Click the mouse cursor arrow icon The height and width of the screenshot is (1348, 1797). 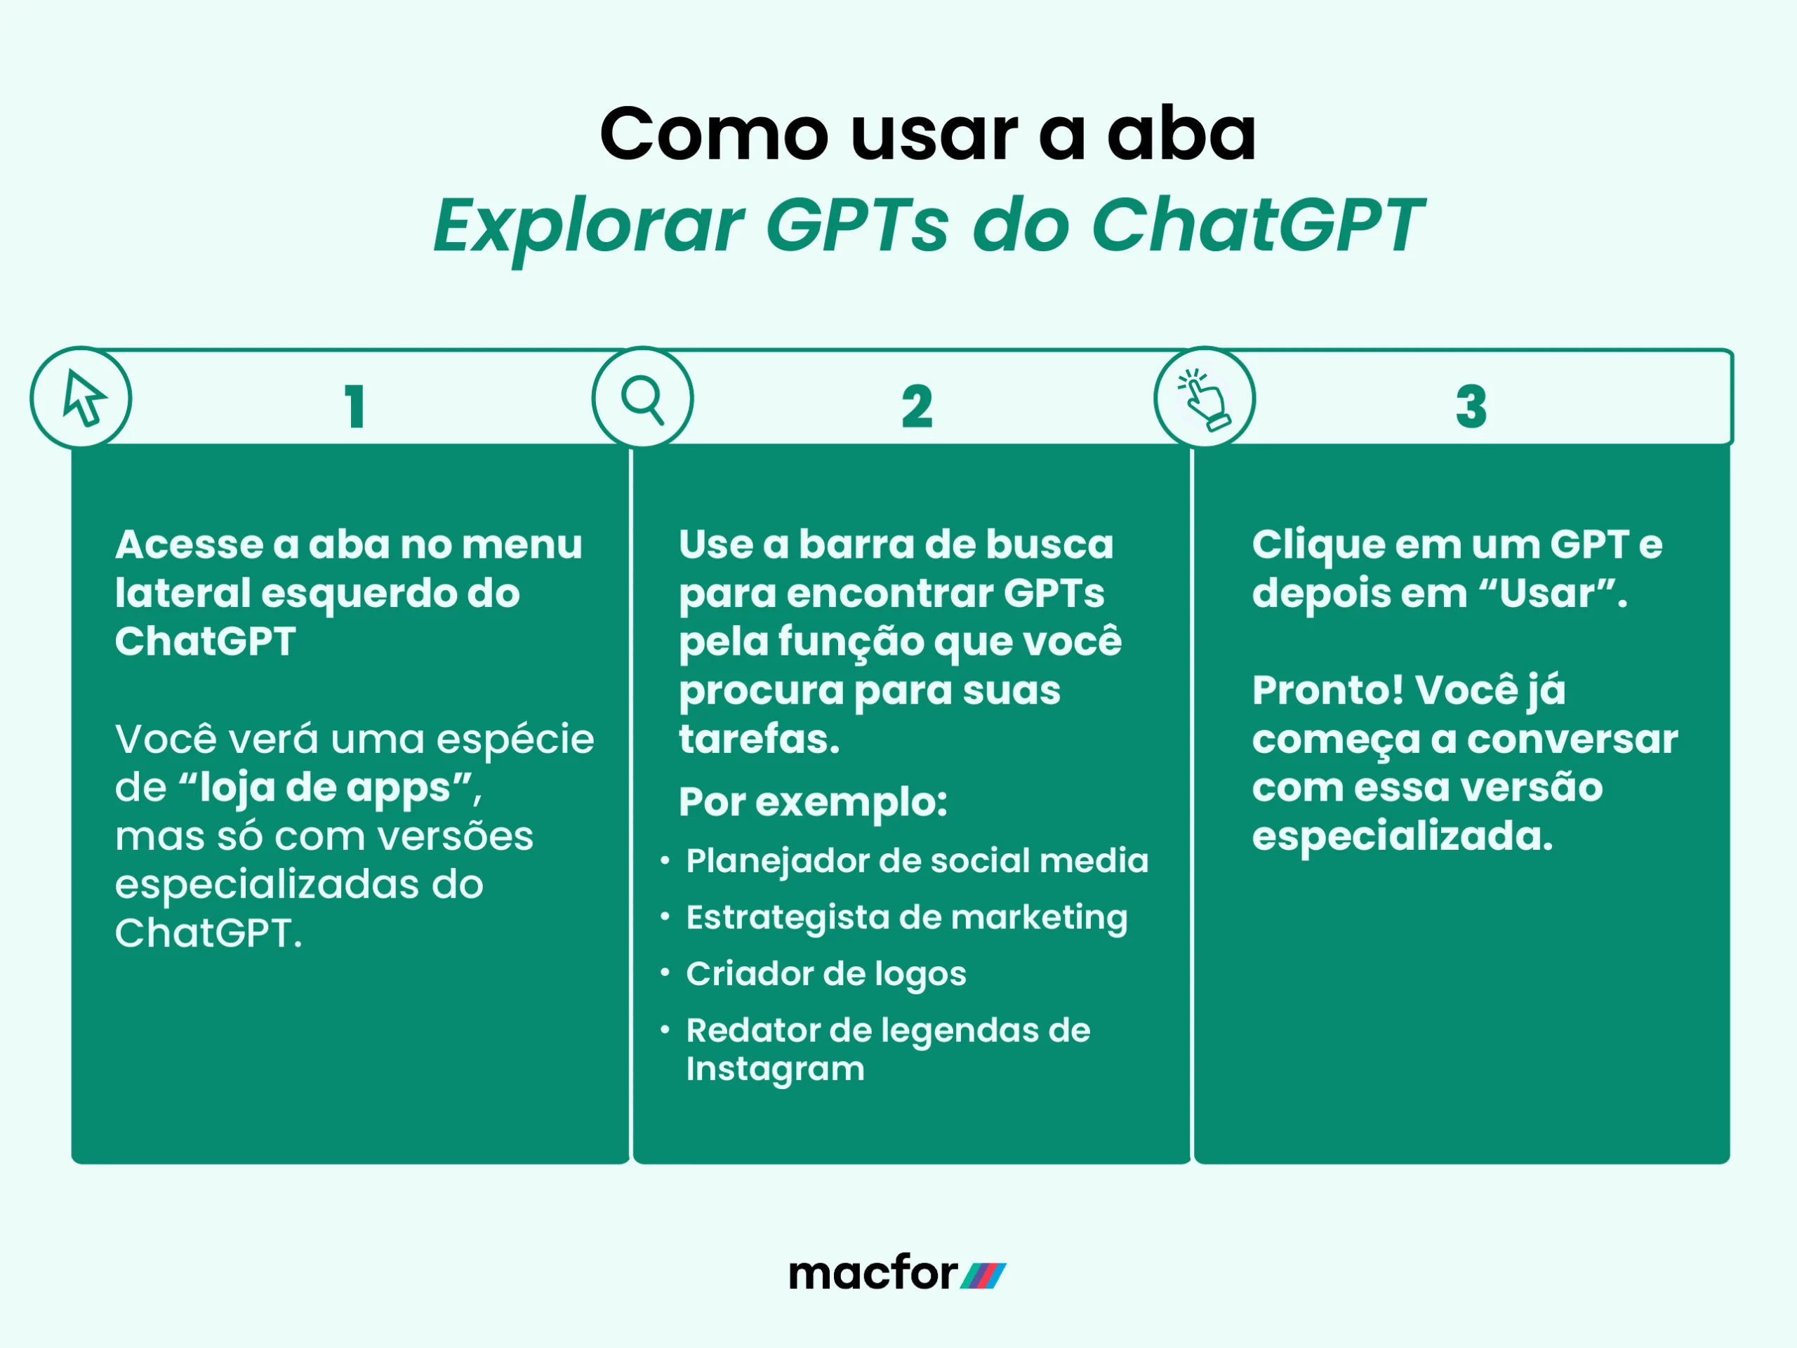pos(83,398)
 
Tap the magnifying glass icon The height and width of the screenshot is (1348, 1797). pos(642,399)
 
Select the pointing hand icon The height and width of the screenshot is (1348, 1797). pos(1205,399)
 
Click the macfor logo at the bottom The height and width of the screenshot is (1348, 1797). pos(897,1274)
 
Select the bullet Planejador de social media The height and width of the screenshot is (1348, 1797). pos(916,861)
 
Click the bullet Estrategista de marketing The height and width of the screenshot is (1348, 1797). pos(906,918)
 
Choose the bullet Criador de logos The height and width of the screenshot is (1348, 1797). pos(825,974)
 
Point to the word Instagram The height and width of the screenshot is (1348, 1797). pos(775,1069)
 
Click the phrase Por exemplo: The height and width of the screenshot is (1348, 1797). pos(813,802)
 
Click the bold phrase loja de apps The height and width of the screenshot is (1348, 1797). pos(325,788)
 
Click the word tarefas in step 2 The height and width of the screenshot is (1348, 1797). pos(759,740)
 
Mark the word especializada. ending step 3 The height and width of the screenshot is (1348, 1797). pos(1403,836)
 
